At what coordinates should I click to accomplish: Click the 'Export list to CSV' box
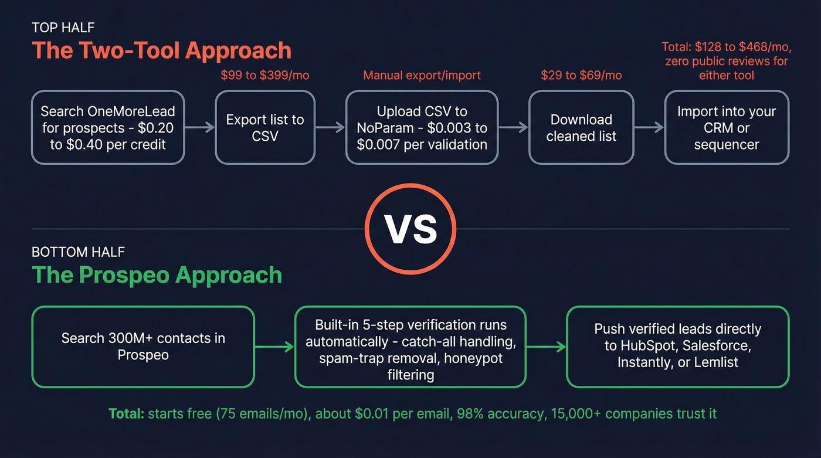pyautogui.click(x=265, y=127)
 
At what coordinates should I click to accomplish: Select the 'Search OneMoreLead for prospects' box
pyautogui.click(x=108, y=127)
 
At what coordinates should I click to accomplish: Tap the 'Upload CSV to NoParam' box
pyautogui.click(x=422, y=127)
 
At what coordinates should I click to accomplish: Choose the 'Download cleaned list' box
pyautogui.click(x=581, y=127)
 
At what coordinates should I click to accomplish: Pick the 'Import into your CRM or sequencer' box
pyautogui.click(x=727, y=127)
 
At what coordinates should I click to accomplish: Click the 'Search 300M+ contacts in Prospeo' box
pyautogui.click(x=143, y=347)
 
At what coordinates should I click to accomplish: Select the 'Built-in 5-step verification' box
pyautogui.click(x=410, y=347)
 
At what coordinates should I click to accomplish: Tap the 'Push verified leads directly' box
pyautogui.click(x=677, y=347)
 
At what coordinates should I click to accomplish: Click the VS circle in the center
pyautogui.click(x=410, y=229)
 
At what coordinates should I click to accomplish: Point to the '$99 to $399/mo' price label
pyautogui.click(x=265, y=75)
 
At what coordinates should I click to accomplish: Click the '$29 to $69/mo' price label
pyautogui.click(x=581, y=75)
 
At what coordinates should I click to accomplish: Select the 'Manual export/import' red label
pyautogui.click(x=422, y=75)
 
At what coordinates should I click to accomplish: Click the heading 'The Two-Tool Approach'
pyautogui.click(x=161, y=50)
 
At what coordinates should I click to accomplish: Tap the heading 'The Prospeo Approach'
pyautogui.click(x=157, y=275)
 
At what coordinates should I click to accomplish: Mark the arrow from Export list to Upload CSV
pyautogui.click(x=330, y=127)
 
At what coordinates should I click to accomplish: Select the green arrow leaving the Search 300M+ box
pyautogui.click(x=274, y=347)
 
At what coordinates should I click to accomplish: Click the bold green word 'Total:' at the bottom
pyautogui.click(x=126, y=413)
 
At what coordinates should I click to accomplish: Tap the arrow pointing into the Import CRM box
pyautogui.click(x=649, y=127)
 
